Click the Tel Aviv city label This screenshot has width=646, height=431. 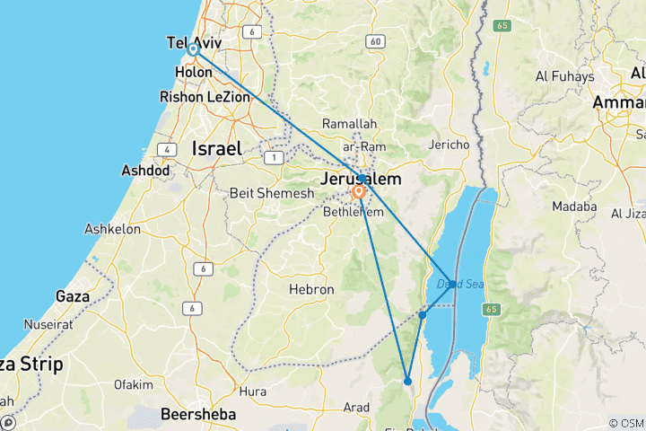[x=195, y=42]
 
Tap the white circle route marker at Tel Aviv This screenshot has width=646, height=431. [x=193, y=50]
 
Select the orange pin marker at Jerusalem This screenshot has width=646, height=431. [x=359, y=191]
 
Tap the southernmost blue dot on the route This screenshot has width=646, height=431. [x=407, y=382]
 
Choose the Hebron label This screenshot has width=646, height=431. [x=310, y=290]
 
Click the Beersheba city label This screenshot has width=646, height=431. [x=197, y=415]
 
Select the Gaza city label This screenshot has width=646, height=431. [x=73, y=295]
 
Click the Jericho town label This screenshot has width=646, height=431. [x=450, y=145]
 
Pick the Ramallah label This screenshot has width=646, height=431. [x=350, y=124]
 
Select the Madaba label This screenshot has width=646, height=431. [x=576, y=207]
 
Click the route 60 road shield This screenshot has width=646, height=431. [x=375, y=41]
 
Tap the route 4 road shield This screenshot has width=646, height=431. [x=167, y=149]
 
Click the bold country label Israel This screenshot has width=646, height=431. [x=217, y=149]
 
